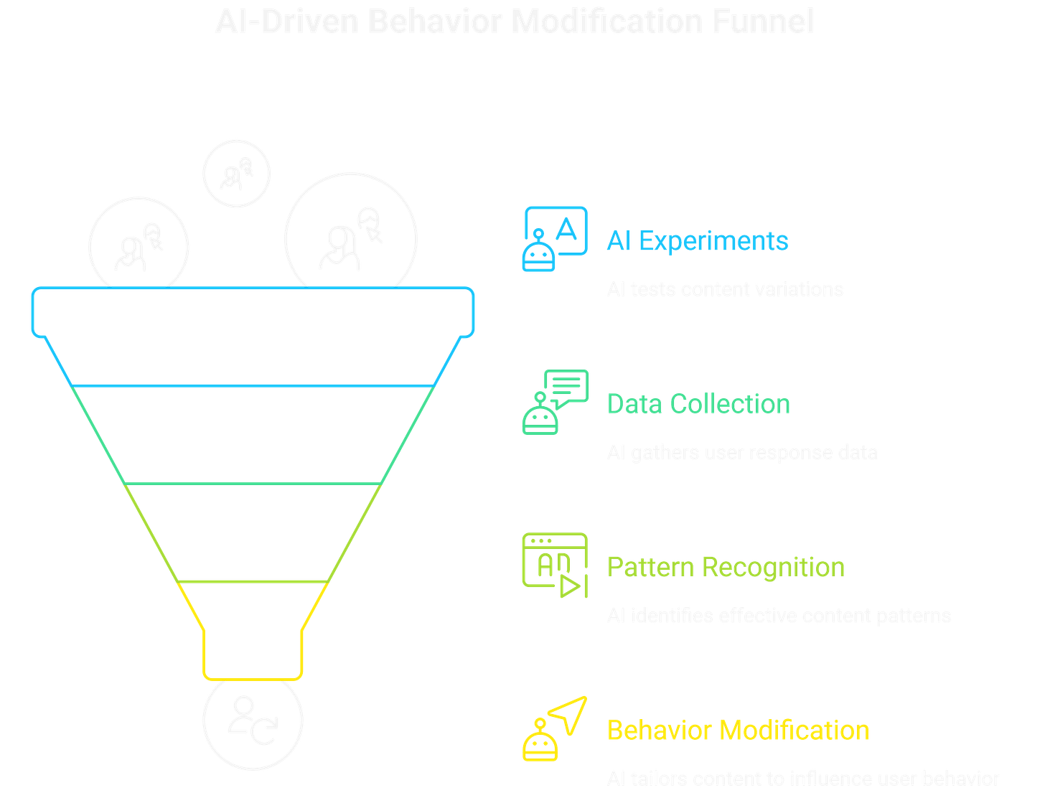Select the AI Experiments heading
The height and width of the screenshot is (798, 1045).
[697, 240]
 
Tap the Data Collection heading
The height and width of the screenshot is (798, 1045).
[698, 404]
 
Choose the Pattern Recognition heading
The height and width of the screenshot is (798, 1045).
[726, 567]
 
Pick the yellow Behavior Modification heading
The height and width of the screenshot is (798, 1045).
[738, 731]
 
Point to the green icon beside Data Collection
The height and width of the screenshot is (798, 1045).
[554, 402]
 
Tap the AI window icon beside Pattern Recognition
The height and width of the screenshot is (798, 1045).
[554, 565]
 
